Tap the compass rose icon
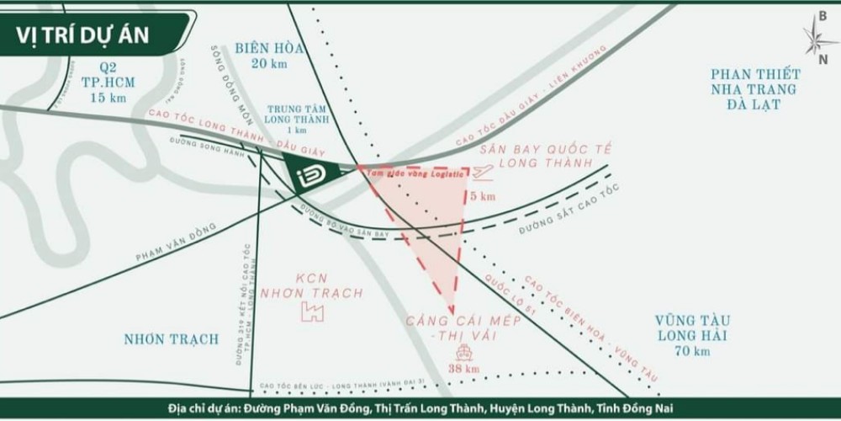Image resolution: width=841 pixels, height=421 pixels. (x=819, y=37)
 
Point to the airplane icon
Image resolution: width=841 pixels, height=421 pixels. (x=482, y=173)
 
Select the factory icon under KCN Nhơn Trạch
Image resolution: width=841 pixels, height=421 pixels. (x=313, y=312)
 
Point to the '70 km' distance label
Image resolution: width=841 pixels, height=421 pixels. (x=694, y=350)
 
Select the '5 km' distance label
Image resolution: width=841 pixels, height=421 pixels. (x=483, y=196)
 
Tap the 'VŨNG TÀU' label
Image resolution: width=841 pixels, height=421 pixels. (x=694, y=320)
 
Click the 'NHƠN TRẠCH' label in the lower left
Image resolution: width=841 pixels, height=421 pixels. (x=171, y=339)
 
